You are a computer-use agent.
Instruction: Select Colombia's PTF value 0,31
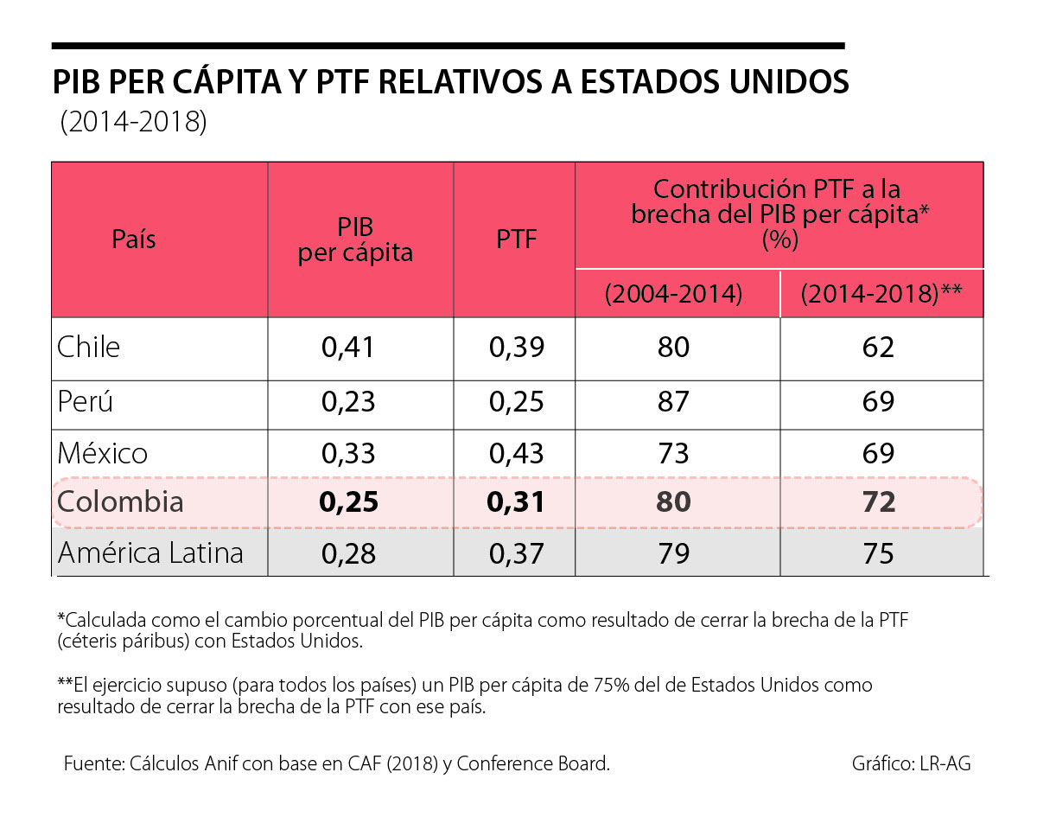(x=517, y=502)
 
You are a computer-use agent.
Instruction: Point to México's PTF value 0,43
(x=517, y=453)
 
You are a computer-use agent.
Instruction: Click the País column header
(x=134, y=239)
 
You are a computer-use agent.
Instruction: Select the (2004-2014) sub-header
(x=674, y=294)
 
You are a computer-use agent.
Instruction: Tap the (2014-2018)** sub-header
(x=881, y=294)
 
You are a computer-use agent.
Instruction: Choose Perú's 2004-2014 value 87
(x=672, y=402)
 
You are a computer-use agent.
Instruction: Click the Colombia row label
(x=120, y=502)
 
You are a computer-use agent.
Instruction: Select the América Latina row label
(x=150, y=553)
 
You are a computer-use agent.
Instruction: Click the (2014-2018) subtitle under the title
(x=134, y=123)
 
